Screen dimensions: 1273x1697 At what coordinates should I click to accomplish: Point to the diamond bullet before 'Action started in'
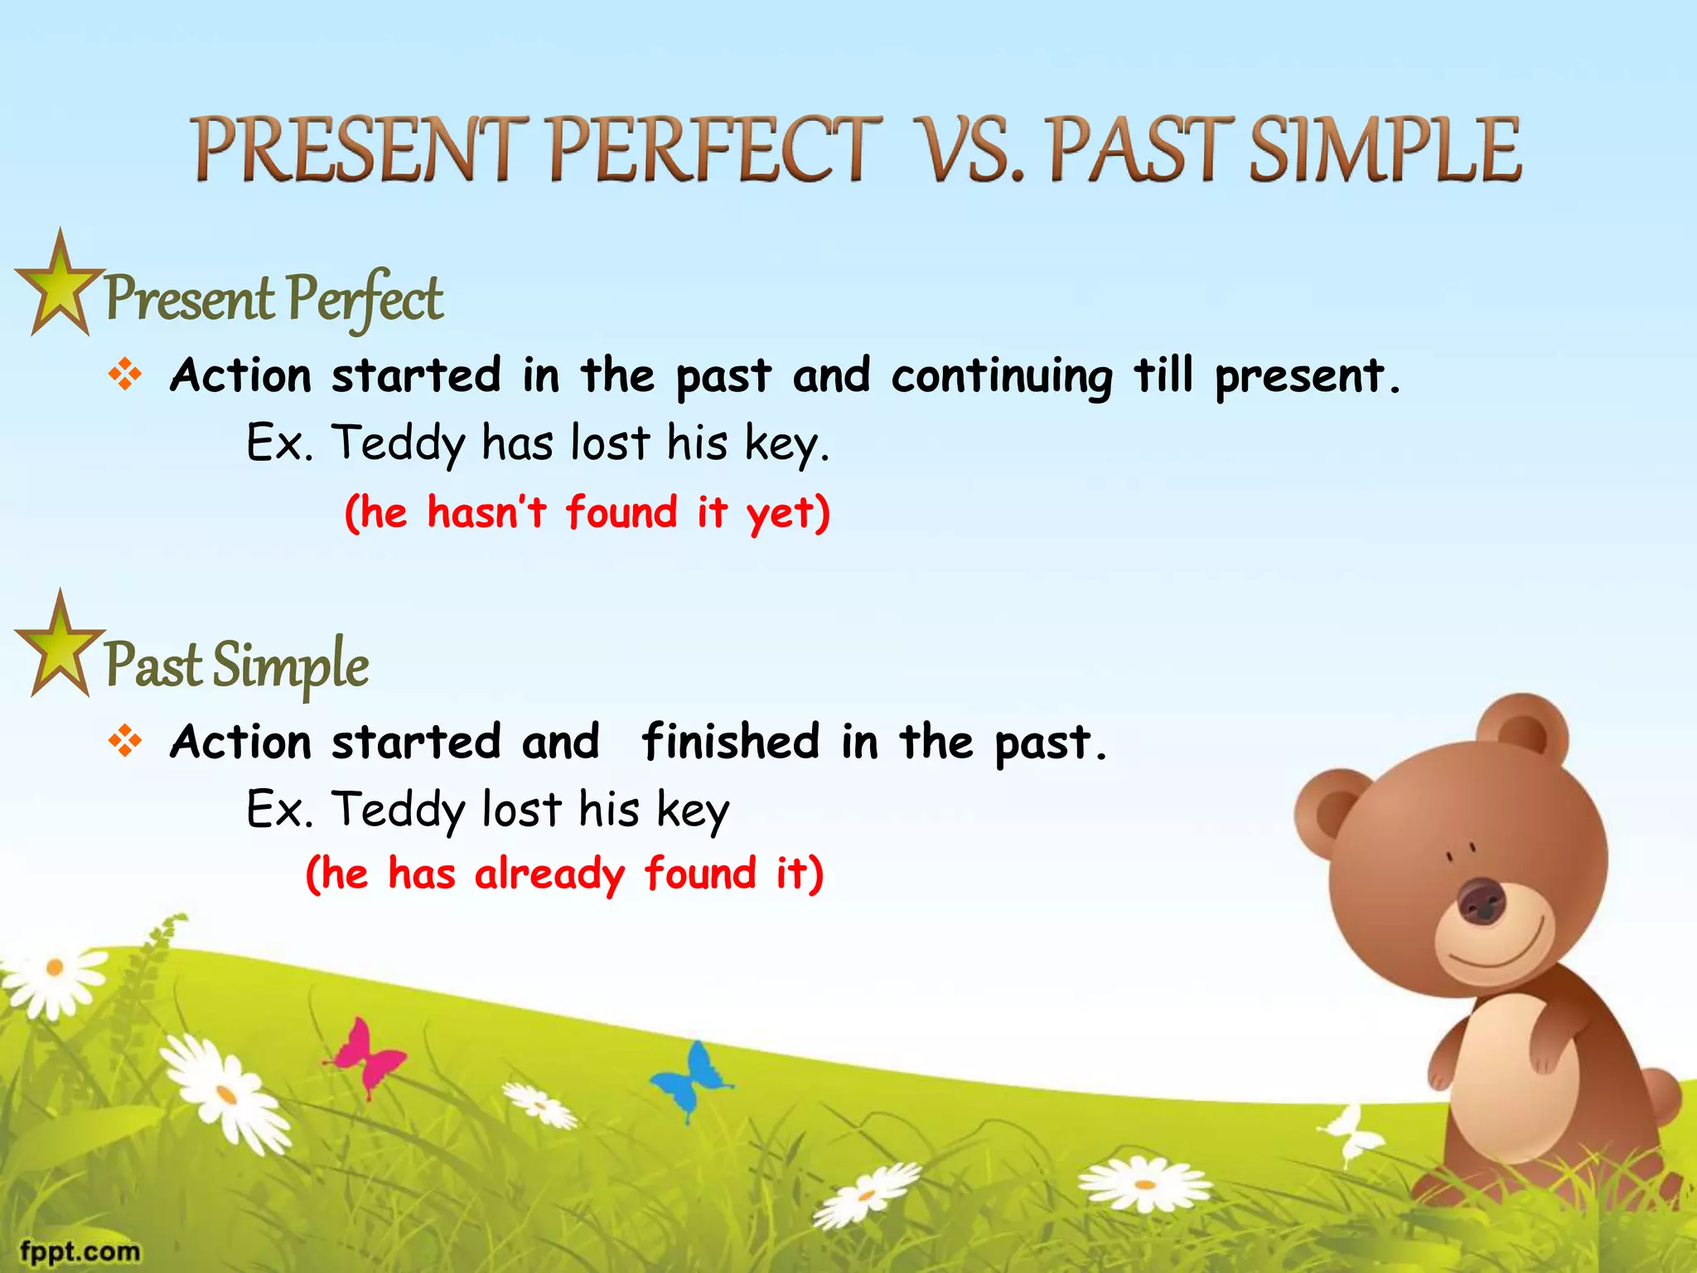tap(125, 375)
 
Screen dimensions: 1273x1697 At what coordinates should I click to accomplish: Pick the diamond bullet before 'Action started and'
tap(125, 740)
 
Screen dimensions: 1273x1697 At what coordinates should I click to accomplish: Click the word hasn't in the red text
tap(486, 512)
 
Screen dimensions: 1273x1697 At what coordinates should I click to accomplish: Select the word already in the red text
tap(549, 875)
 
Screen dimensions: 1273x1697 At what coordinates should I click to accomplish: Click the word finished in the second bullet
tap(730, 741)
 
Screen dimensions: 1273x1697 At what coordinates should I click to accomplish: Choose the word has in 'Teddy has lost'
tap(518, 443)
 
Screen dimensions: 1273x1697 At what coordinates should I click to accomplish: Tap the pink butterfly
tap(369, 1057)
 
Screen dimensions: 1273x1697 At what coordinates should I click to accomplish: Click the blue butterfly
tap(693, 1077)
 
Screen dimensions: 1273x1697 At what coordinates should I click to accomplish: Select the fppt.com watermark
tap(80, 1251)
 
